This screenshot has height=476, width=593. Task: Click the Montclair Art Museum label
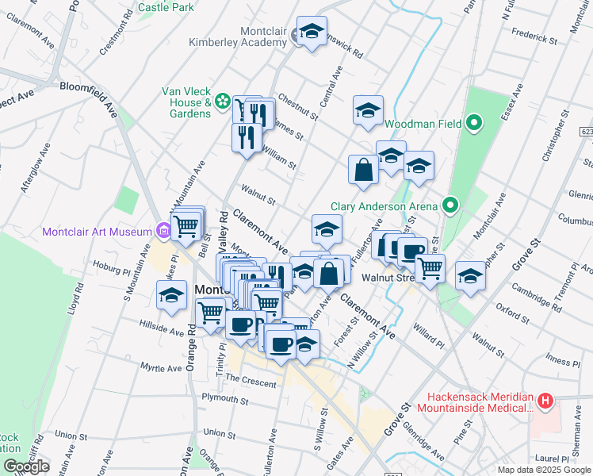point(97,232)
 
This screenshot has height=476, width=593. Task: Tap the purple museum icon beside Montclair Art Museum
point(163,231)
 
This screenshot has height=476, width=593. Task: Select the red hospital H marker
point(545,401)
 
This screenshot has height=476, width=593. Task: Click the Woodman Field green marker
point(474,123)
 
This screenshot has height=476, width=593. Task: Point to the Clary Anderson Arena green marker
point(450,206)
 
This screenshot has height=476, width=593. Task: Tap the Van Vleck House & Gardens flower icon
point(223,102)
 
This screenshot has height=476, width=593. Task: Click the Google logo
point(26,466)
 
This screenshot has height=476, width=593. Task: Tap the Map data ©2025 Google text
point(544,470)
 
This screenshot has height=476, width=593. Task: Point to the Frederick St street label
point(535,36)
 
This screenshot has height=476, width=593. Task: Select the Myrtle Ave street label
point(161,368)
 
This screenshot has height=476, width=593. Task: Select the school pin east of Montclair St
point(470,275)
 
